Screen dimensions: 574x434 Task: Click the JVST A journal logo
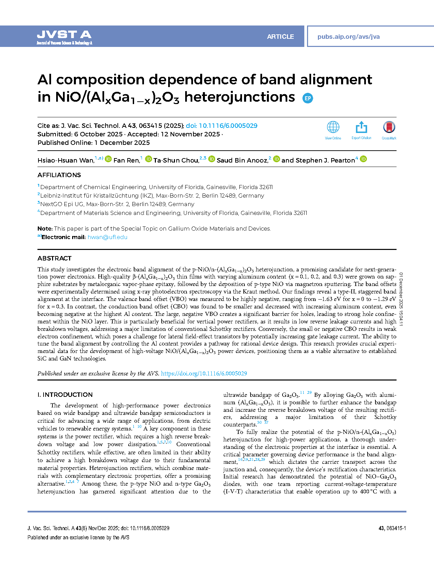[64, 37]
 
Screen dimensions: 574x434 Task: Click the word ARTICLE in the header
[280, 37]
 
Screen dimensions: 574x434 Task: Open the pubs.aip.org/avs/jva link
[348, 37]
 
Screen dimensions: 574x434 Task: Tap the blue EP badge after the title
[308, 98]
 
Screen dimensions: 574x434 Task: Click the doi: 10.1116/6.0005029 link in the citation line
[222, 126]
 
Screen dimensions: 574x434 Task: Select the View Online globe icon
[333, 128]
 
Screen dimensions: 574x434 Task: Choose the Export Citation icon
[361, 128]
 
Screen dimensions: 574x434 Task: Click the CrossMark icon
[389, 128]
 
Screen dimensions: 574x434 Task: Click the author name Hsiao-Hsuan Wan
[66, 161]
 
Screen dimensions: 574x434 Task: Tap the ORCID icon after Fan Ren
[148, 159]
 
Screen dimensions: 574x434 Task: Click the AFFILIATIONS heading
[59, 175]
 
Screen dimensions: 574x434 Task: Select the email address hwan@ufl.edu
[108, 237]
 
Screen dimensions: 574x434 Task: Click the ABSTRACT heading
[54, 258]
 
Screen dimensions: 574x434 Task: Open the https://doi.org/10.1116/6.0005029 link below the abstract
[204, 373]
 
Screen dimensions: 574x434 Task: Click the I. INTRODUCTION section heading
[65, 395]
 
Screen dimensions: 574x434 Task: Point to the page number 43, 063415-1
[392, 528]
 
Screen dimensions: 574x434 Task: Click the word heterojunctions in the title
[239, 97]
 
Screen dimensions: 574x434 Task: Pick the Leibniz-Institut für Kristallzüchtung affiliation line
[152, 196]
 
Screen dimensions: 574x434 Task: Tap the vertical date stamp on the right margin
[401, 299]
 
